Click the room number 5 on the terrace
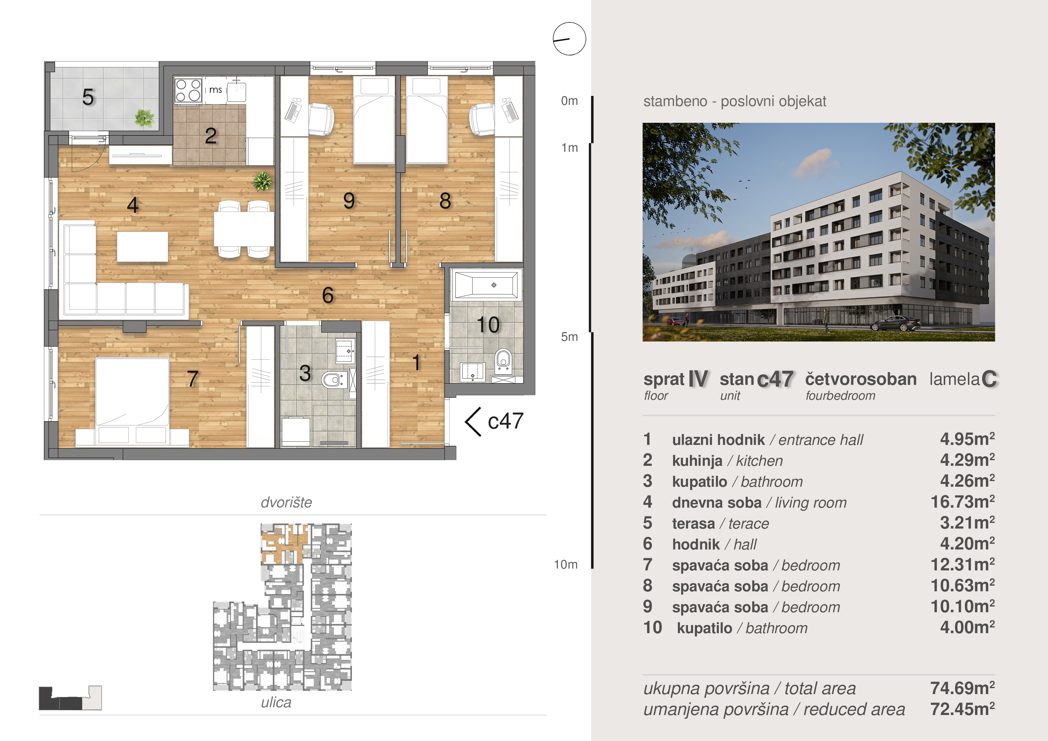(x=88, y=97)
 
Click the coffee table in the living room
(x=143, y=247)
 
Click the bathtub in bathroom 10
(x=486, y=285)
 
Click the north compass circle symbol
(x=569, y=39)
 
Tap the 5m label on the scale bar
(x=569, y=337)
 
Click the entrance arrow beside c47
(x=473, y=422)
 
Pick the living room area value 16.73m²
(x=963, y=502)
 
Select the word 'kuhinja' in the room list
(x=697, y=461)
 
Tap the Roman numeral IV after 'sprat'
(x=698, y=379)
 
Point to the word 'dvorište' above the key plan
(x=286, y=502)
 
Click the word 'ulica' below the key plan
(x=276, y=702)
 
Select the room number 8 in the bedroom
(x=445, y=201)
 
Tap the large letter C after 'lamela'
(x=989, y=379)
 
